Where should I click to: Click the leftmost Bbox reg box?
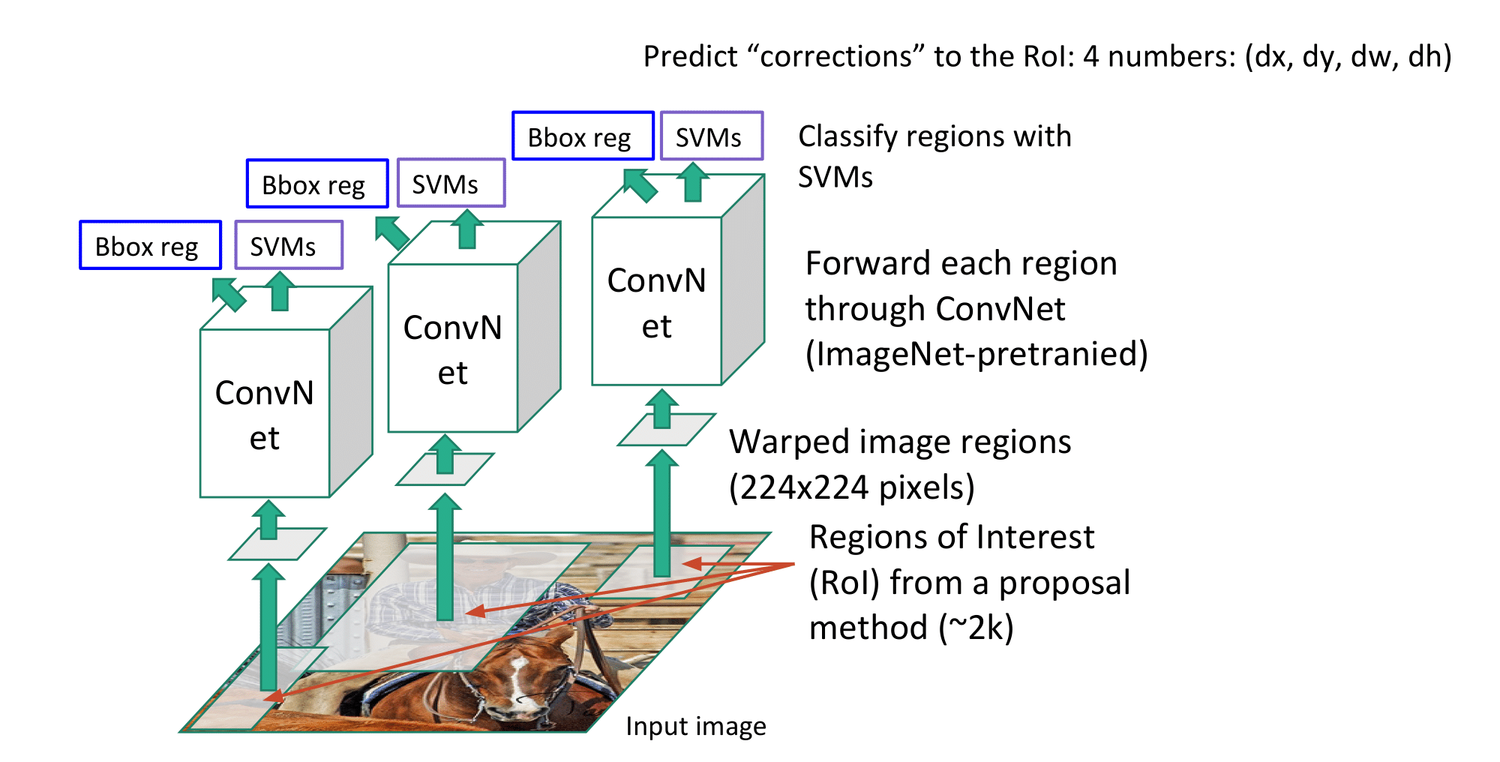150,245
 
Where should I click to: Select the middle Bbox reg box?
317,184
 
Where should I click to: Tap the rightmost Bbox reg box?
583,136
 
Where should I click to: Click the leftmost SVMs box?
289,245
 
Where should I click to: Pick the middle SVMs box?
451,183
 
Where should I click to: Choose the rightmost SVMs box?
712,136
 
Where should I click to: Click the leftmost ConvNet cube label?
265,415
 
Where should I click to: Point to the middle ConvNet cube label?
452,349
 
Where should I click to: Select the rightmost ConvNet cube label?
656,303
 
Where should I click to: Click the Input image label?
696,726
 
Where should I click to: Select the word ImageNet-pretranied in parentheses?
976,353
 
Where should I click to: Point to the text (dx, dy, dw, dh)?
1348,56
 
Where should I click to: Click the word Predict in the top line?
691,56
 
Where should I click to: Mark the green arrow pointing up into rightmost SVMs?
693,182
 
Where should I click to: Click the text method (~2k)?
911,628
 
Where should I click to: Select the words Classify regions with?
934,136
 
